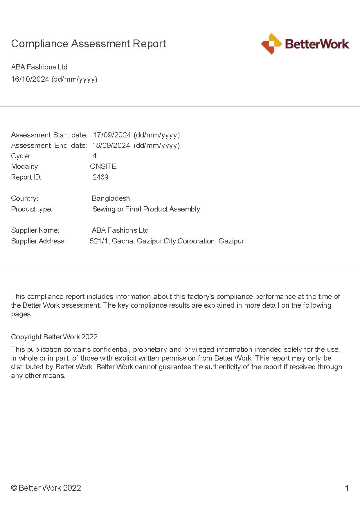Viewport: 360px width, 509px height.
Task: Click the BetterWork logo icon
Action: [271, 44]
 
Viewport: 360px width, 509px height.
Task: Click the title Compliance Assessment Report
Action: [88, 44]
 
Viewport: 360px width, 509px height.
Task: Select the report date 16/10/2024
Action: [30, 79]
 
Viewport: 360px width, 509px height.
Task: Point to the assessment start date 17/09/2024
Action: [112, 135]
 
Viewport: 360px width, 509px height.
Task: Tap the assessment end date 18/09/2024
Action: [111, 145]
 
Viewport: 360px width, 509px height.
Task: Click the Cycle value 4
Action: [95, 156]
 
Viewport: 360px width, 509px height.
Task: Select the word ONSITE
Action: [103, 166]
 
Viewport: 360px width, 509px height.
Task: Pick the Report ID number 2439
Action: [100, 177]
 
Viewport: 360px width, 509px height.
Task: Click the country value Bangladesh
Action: [111, 198]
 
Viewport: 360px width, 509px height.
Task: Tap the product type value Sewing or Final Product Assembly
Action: [146, 209]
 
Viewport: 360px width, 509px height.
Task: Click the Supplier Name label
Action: [35, 230]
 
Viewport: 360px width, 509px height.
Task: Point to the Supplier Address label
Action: [38, 241]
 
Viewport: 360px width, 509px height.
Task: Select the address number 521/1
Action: [99, 241]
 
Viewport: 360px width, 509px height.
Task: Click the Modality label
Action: [25, 166]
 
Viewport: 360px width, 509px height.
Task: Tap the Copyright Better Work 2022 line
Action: [54, 337]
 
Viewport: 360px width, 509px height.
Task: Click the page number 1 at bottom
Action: [347, 488]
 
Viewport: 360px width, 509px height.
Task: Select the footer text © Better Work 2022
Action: [46, 488]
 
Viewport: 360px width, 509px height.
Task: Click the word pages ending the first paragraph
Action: [21, 314]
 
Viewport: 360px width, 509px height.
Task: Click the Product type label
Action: [32, 209]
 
